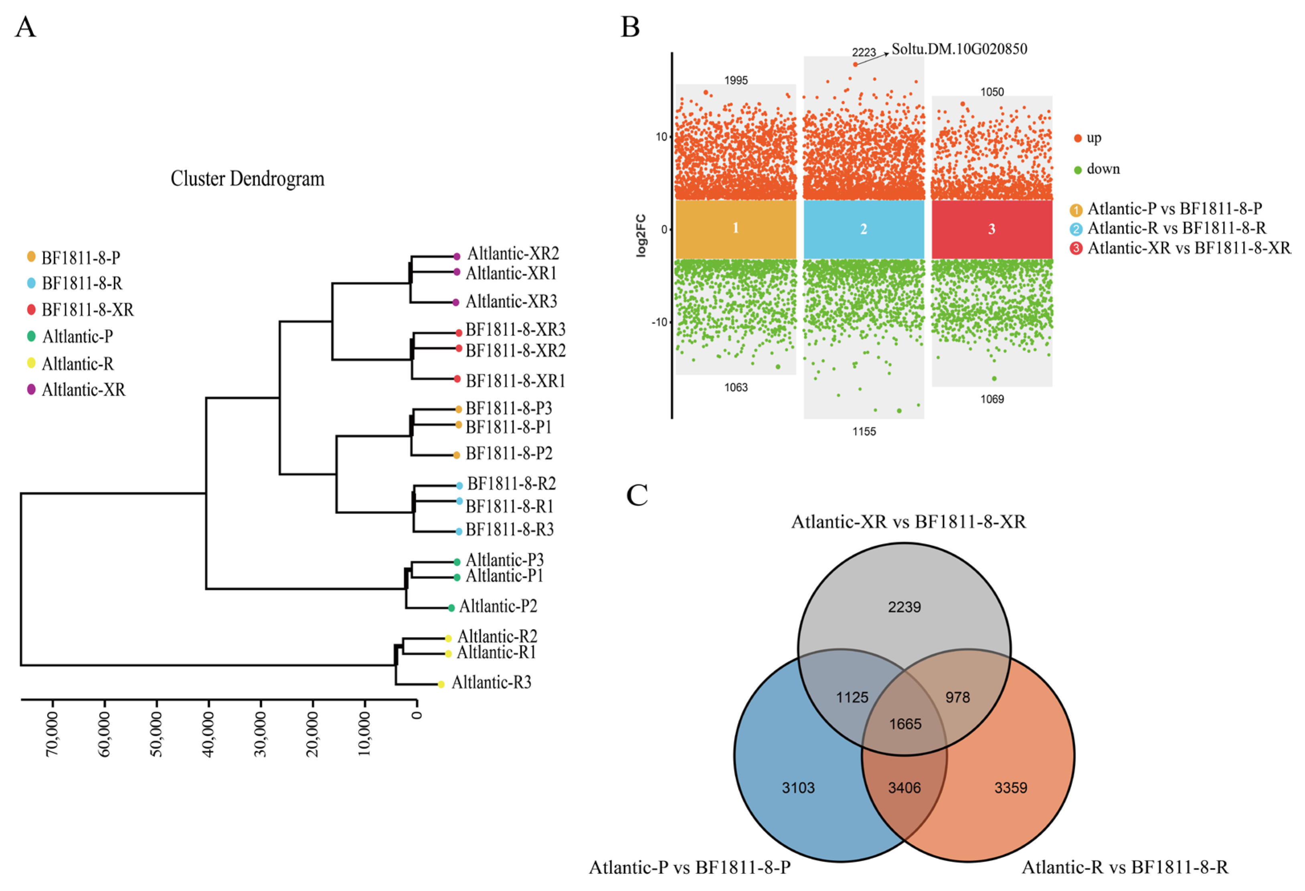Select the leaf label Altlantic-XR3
pos(511,302)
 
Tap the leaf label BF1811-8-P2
pos(509,454)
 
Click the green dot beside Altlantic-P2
pos(451,608)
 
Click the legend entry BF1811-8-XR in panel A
pos(87,310)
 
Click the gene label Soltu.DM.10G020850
pos(959,49)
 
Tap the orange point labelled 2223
pos(855,65)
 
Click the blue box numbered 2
pos(864,229)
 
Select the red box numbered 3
pos(991,229)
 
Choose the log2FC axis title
pos(641,236)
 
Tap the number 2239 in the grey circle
pos(904,607)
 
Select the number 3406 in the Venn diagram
pos(904,788)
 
